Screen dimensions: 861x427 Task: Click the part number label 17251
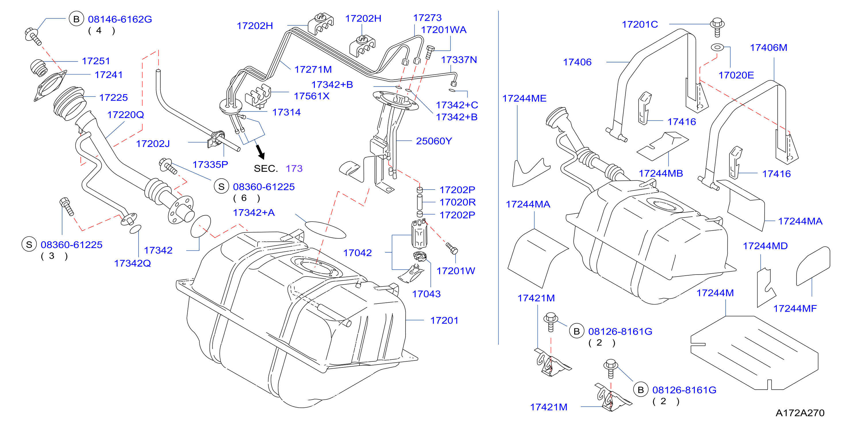pyautogui.click(x=96, y=61)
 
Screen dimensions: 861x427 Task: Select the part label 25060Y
pyautogui.click(x=434, y=141)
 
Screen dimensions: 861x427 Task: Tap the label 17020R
pyautogui.click(x=458, y=202)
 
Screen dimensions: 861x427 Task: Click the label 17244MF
pyautogui.click(x=795, y=308)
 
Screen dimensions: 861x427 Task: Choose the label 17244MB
pyautogui.click(x=661, y=173)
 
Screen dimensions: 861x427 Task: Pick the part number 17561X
pyautogui.click(x=312, y=96)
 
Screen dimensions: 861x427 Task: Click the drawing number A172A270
pyautogui.click(x=800, y=413)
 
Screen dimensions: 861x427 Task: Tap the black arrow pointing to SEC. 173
pyautogui.click(x=260, y=152)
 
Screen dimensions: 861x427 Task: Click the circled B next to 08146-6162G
pyautogui.click(x=76, y=19)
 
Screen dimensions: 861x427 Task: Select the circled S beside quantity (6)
pyautogui.click(x=221, y=187)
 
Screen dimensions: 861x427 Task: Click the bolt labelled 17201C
pyautogui.click(x=717, y=27)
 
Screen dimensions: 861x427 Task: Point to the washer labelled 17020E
pyautogui.click(x=717, y=47)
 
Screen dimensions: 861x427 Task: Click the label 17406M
pyautogui.click(x=768, y=48)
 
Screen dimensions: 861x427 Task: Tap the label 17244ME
pyautogui.click(x=524, y=98)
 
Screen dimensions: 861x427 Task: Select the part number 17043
pyautogui.click(x=426, y=294)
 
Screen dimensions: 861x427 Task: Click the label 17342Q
pyautogui.click(x=132, y=264)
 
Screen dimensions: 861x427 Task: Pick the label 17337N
pyautogui.click(x=459, y=60)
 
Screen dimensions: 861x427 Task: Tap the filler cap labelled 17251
pyautogui.click(x=39, y=68)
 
